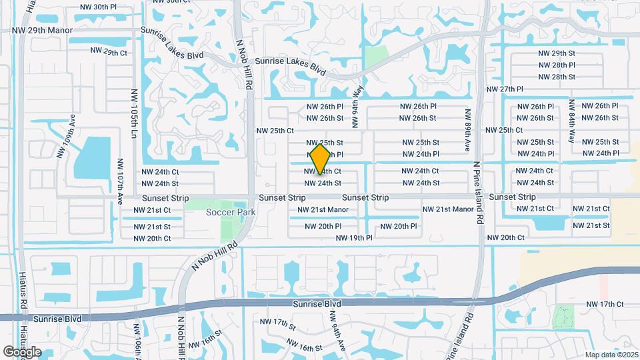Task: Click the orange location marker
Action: [x=321, y=159]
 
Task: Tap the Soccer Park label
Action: [x=231, y=212]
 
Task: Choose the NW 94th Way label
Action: [x=358, y=107]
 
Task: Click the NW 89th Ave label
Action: [x=468, y=131]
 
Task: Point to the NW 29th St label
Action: [x=557, y=53]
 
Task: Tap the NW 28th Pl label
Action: [x=557, y=65]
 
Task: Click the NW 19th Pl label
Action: [x=354, y=237]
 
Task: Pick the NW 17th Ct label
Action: [x=605, y=304]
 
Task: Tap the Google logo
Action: [x=22, y=352]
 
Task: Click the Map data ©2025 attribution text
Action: [x=611, y=354]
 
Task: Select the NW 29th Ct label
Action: [x=108, y=52]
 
